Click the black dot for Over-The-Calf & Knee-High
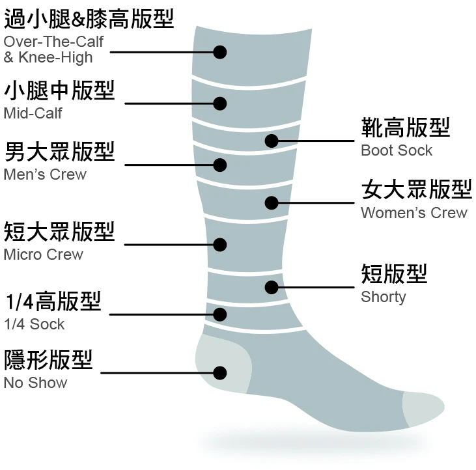pos(220,52)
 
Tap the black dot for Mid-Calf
pos(220,103)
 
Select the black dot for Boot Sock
pos(272,140)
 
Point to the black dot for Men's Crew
pos(220,165)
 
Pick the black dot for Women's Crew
pos(272,202)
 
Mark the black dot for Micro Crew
pos(220,245)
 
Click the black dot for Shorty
pos(272,286)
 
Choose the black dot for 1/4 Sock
pos(220,314)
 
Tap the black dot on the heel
pos(220,373)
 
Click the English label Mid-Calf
pos(33,113)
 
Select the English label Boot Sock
pos(397,150)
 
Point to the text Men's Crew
pos(45,174)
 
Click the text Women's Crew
pos(414,213)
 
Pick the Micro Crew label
pos(44,254)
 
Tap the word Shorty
pos(384,297)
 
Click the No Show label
pos(35,382)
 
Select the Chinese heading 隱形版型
pos(48,359)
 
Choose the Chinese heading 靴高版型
pos(406,128)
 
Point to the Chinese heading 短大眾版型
pos(59,231)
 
